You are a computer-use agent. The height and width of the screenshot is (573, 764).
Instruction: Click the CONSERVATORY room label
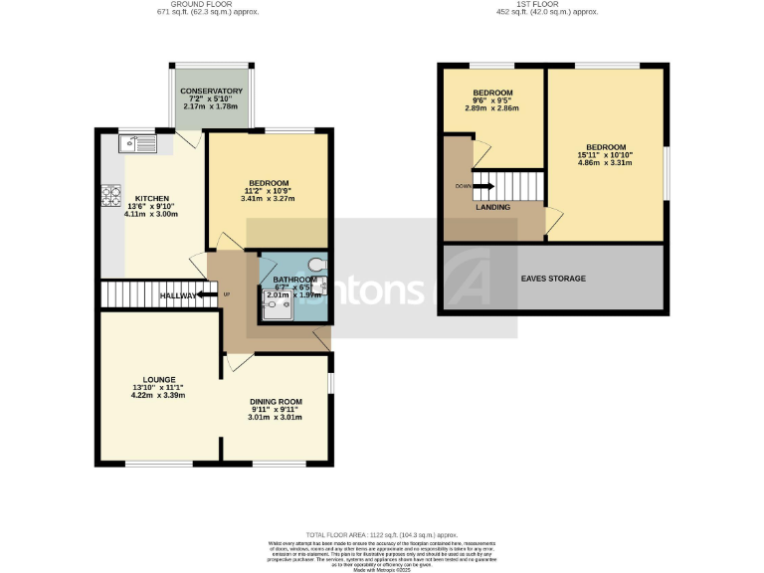[211, 92]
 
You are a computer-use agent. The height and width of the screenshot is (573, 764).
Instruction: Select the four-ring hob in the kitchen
[106, 198]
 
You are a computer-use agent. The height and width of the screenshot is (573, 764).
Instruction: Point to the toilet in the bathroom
[315, 265]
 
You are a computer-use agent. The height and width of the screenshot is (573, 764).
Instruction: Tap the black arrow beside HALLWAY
[208, 294]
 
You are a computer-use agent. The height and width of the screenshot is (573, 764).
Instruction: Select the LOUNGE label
[159, 379]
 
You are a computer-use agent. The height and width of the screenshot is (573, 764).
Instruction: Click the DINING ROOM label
[276, 402]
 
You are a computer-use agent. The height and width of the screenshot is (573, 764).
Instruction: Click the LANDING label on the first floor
[493, 208]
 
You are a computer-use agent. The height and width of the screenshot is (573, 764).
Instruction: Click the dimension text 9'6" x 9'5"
[492, 100]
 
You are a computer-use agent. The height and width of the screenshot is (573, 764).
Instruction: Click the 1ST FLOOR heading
[549, 5]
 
